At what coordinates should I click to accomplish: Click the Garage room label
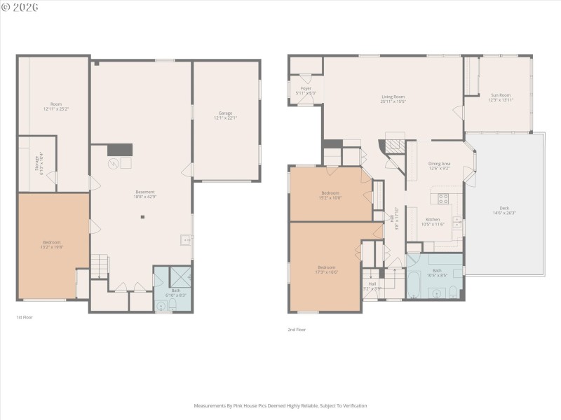tap(225, 113)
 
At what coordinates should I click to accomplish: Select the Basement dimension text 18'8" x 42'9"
tap(145, 197)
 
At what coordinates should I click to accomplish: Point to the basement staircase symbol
tap(99, 266)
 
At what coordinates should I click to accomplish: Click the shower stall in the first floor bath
tap(180, 276)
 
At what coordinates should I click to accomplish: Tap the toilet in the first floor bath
tap(163, 304)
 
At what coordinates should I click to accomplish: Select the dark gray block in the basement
tap(119, 149)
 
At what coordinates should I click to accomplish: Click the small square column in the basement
tap(142, 217)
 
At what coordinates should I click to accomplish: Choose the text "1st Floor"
tap(25, 317)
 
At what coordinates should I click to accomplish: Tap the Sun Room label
tap(501, 95)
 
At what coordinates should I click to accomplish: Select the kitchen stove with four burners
tap(443, 198)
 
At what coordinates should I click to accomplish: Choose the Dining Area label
tap(439, 164)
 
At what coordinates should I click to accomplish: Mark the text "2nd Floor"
tap(297, 330)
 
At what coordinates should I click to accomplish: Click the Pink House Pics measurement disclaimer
tap(280, 405)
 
